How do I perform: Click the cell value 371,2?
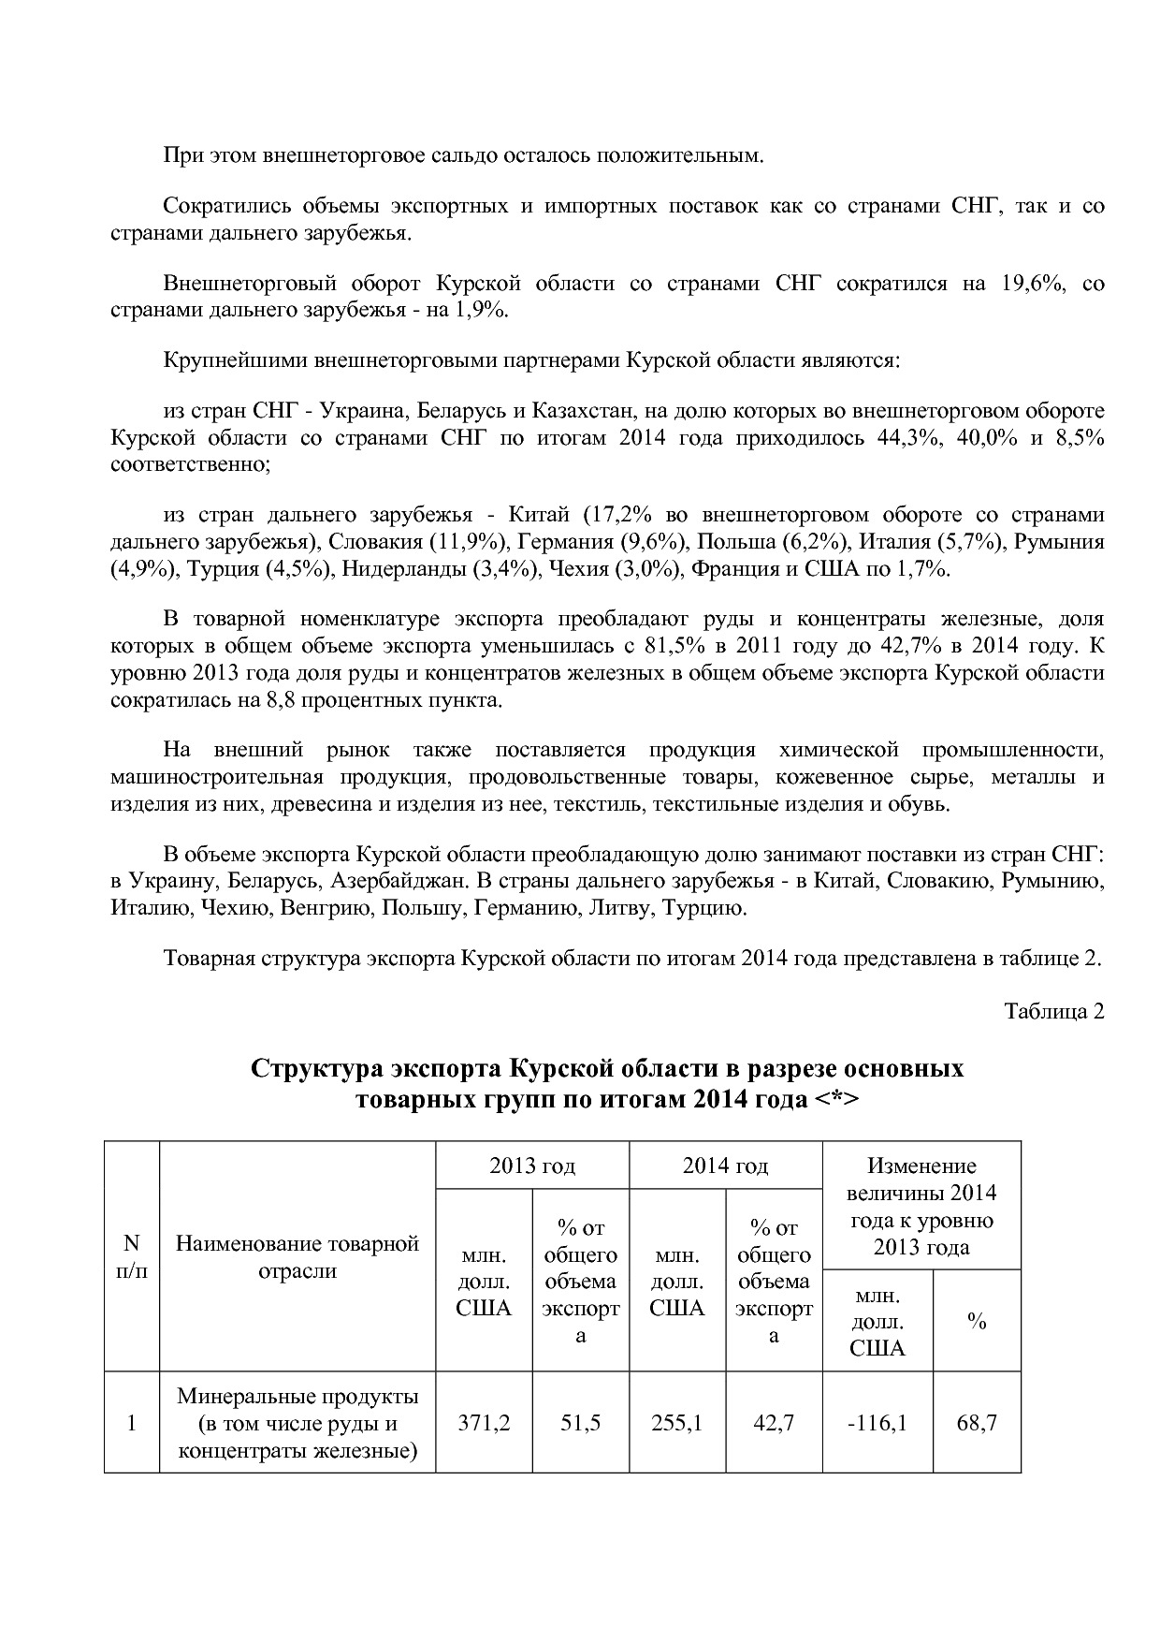[x=484, y=1423]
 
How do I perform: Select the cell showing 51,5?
[x=580, y=1423]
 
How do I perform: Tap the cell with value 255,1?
[x=676, y=1423]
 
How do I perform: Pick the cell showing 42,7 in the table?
[x=774, y=1423]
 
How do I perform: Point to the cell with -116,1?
[x=877, y=1423]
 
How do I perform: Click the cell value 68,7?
[x=977, y=1423]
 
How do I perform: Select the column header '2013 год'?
[x=532, y=1166]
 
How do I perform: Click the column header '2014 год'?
[x=725, y=1166]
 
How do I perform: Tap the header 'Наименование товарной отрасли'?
[x=297, y=1257]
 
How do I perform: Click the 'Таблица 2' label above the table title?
[x=1054, y=1011]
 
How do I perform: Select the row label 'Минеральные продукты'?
[x=297, y=1397]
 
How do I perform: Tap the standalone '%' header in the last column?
[x=977, y=1321]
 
